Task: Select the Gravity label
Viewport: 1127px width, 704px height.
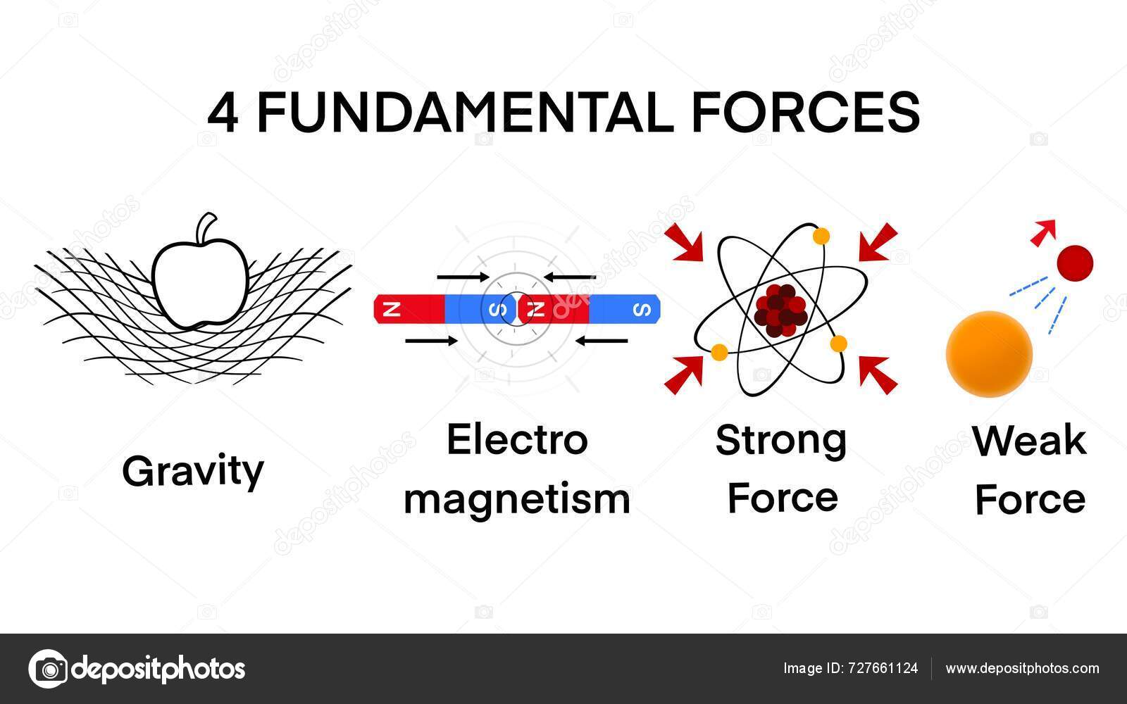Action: pos(192,471)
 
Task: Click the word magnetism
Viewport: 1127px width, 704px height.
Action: pos(516,500)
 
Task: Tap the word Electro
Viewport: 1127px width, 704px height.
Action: pos(517,440)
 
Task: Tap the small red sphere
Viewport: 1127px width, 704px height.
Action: pos(1075,263)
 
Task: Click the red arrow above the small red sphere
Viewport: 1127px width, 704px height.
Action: pos(1044,232)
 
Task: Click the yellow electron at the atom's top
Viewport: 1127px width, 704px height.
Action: pos(821,236)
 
